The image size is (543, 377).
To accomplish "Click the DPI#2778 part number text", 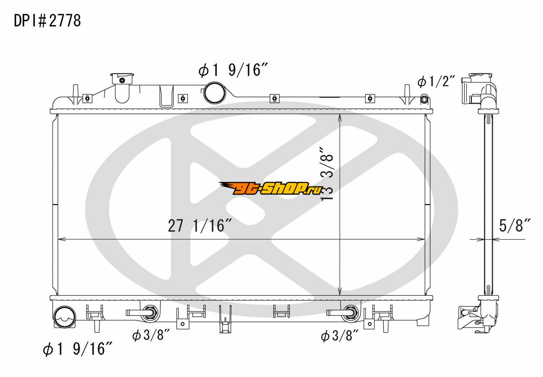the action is click(x=47, y=21).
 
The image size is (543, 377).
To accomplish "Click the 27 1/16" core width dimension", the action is click(x=200, y=226).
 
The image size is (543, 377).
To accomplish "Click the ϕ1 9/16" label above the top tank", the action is click(x=233, y=70).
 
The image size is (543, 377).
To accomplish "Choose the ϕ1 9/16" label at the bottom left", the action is click(x=77, y=349).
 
